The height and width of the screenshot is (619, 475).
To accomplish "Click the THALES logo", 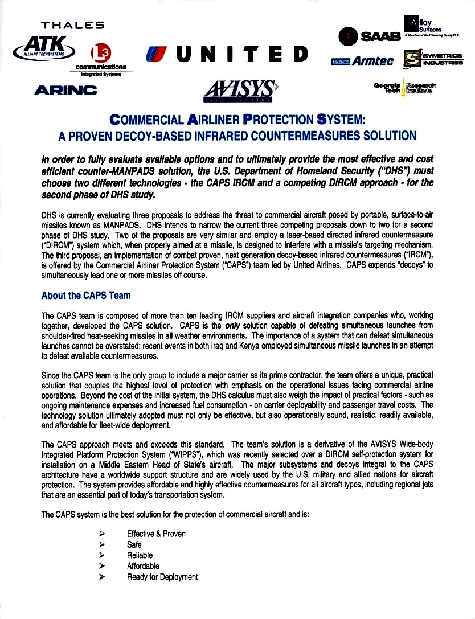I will coord(72,25).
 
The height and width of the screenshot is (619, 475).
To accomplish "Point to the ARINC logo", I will coord(65,89).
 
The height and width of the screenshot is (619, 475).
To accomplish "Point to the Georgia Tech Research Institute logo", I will coord(405,88).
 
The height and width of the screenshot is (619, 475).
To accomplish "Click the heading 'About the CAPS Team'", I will coord(86,296).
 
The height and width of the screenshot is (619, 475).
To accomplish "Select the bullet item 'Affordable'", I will coord(143,566).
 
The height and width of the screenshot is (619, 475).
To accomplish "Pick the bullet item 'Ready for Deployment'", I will coord(162,577).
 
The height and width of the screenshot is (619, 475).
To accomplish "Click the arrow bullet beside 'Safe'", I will coord(102,544).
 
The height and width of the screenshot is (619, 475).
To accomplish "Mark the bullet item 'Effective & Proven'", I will coord(156,534).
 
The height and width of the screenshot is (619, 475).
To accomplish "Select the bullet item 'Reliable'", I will coord(140,555).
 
